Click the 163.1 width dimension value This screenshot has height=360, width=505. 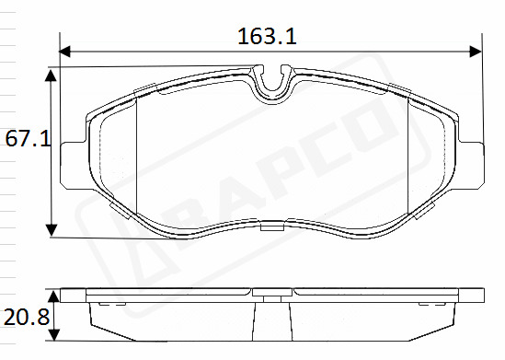(x=267, y=36)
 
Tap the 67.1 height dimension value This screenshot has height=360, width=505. (x=28, y=139)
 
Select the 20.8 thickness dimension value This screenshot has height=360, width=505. (x=27, y=317)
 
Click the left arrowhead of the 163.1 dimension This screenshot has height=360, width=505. (x=64, y=52)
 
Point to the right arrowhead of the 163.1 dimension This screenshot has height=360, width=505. (x=476, y=52)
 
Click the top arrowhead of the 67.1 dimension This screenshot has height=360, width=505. (x=51, y=75)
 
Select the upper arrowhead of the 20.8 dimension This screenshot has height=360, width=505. (x=55, y=296)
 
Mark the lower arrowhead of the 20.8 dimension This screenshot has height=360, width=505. (x=55, y=335)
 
